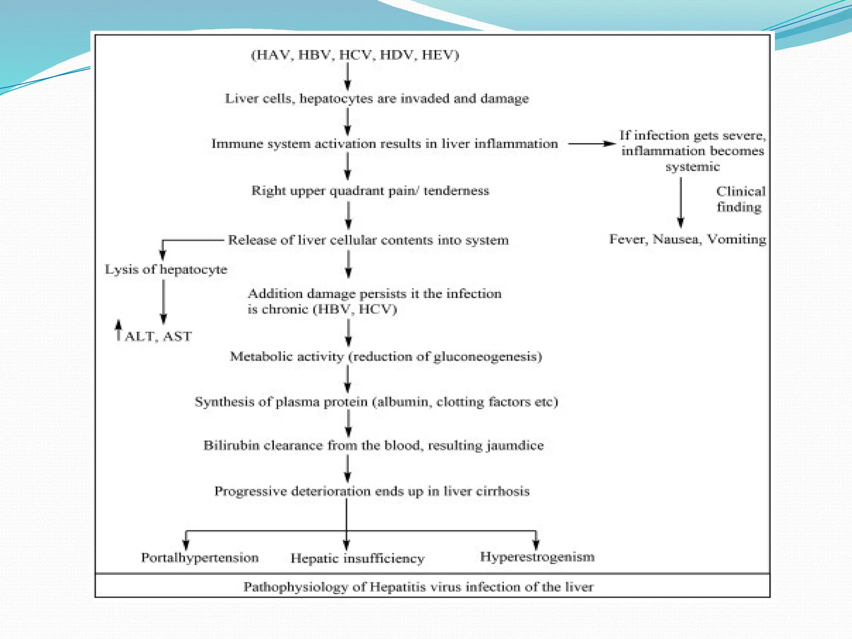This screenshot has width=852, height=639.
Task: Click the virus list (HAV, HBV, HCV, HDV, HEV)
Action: pos(355,55)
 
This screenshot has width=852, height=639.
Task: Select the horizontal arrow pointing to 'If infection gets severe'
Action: pos(592,144)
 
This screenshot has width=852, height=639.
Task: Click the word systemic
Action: pos(692,167)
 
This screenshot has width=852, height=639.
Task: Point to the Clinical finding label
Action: pos(740,199)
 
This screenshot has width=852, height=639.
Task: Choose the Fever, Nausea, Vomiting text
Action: pos(687,239)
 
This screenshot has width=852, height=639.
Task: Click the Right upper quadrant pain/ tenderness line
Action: pos(370,191)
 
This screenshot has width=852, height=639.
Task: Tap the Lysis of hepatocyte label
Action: pos(166,269)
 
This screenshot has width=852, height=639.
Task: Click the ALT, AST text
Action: pos(159,336)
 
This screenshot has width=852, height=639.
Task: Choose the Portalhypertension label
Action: pos(200,557)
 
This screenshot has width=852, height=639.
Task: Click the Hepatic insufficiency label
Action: pos(357,558)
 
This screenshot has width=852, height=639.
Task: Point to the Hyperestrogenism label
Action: pos(537,557)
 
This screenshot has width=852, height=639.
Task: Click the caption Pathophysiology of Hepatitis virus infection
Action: pos(418,587)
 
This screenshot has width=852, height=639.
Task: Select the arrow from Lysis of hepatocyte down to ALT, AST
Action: pos(163,302)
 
